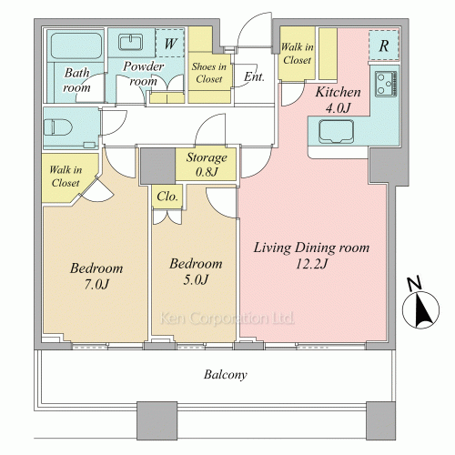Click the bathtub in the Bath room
[76, 45]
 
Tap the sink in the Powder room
[131, 42]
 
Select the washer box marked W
[170, 43]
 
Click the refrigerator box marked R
[384, 45]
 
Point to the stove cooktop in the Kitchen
[386, 84]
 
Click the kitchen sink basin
[336, 131]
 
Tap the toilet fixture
[58, 127]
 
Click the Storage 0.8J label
[207, 164]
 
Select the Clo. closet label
[167, 197]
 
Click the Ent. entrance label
[254, 76]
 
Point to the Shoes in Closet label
[209, 73]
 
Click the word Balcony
[226, 375]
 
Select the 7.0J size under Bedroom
[96, 284]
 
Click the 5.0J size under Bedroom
[196, 279]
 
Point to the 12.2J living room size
[311, 264]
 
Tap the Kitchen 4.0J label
[338, 100]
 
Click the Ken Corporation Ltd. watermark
[227, 318]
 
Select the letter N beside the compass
[414, 284]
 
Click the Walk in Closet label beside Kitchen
[298, 54]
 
